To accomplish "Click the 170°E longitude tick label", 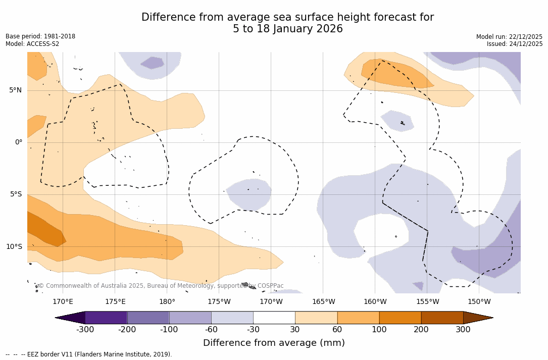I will click(63, 302).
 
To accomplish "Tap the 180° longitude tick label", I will click(167, 302).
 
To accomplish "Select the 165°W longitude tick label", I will click(323, 302).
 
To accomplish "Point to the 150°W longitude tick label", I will click(479, 302).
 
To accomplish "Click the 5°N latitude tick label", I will click(15, 90).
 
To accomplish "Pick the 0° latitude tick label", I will click(18, 142).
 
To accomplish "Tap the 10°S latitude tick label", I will click(14, 247).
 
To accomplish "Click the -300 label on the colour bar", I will click(85, 330).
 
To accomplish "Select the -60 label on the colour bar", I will click(211, 330).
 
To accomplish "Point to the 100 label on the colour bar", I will click(379, 330).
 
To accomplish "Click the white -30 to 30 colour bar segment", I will click(274, 318).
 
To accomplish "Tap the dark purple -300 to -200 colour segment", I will click(106, 318).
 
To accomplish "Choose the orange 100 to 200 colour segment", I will click(400, 318).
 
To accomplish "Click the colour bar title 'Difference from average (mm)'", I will click(274, 343).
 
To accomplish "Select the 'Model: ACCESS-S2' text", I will click(32, 44).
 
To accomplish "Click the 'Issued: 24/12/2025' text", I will click(514, 44).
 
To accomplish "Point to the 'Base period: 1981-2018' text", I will click(40, 36).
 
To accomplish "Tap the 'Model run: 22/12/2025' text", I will click(509, 37).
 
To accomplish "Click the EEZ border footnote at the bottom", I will click(89, 354).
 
